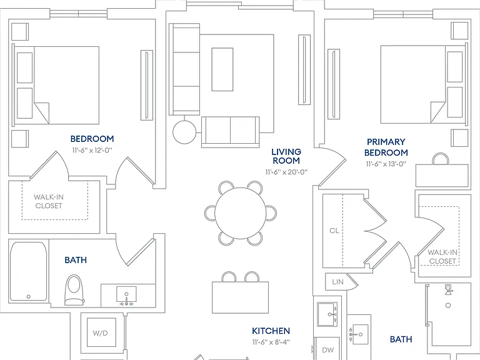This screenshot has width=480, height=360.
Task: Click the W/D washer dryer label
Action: pyautogui.click(x=100, y=332)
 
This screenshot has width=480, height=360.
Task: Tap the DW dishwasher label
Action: pyautogui.click(x=328, y=350)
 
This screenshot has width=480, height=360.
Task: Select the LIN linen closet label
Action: pyautogui.click(x=337, y=282)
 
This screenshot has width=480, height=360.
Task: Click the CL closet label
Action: pyautogui.click(x=334, y=231)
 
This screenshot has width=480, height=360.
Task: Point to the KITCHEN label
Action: pyautogui.click(x=271, y=331)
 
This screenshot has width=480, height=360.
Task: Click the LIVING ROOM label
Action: pyautogui.click(x=286, y=156)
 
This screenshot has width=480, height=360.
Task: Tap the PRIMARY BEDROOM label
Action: pyautogui.click(x=386, y=147)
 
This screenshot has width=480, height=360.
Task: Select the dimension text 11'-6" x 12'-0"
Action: pyautogui.click(x=92, y=150)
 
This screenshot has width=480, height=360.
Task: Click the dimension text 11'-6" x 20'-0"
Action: pyautogui.click(x=286, y=172)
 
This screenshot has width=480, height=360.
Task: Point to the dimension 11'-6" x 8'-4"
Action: pyautogui.click(x=271, y=342)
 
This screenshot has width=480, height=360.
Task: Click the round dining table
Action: pyautogui.click(x=240, y=213)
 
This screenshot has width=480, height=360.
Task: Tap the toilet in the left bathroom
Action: pyautogui.click(x=74, y=289)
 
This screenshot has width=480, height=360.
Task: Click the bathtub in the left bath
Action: pyautogui.click(x=29, y=271)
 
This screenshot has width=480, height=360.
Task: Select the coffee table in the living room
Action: pyautogui.click(x=222, y=69)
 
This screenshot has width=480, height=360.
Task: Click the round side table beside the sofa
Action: pyautogui.click(x=184, y=132)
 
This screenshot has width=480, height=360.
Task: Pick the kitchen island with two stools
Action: pyautogui.click(x=240, y=297)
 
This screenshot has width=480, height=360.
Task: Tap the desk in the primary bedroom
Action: pyautogui.click(x=442, y=176)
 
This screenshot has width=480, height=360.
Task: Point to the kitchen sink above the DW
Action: pyautogui.click(x=327, y=314)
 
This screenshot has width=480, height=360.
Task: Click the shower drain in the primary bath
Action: pyautogui.click(x=448, y=305)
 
